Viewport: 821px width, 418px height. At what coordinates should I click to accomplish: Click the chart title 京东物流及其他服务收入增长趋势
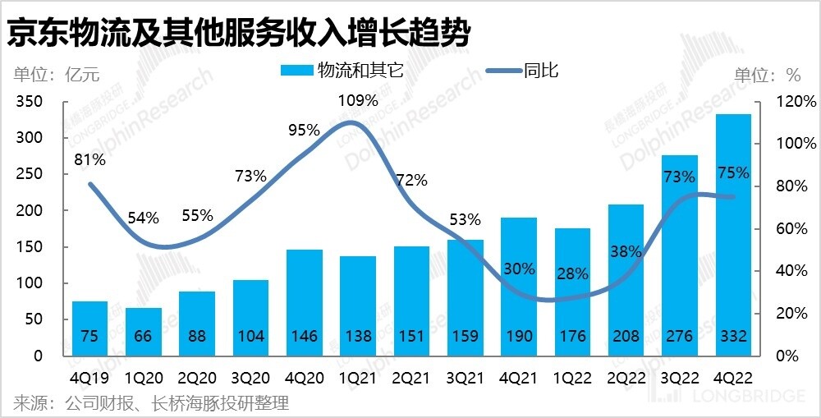[238, 33]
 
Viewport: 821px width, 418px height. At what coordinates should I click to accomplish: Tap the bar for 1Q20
[143, 332]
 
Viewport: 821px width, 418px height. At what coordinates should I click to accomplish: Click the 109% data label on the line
[359, 101]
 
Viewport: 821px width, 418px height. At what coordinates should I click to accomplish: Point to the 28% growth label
[571, 273]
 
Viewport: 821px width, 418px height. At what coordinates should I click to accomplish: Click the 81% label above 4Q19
[89, 160]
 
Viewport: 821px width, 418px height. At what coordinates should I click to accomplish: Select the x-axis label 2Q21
[411, 379]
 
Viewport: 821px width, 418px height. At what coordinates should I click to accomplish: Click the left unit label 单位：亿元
[56, 75]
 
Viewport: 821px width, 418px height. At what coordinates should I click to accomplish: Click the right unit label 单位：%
[766, 75]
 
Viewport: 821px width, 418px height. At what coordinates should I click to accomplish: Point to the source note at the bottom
[151, 403]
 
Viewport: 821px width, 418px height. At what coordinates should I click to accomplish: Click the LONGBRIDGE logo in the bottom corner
[731, 397]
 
